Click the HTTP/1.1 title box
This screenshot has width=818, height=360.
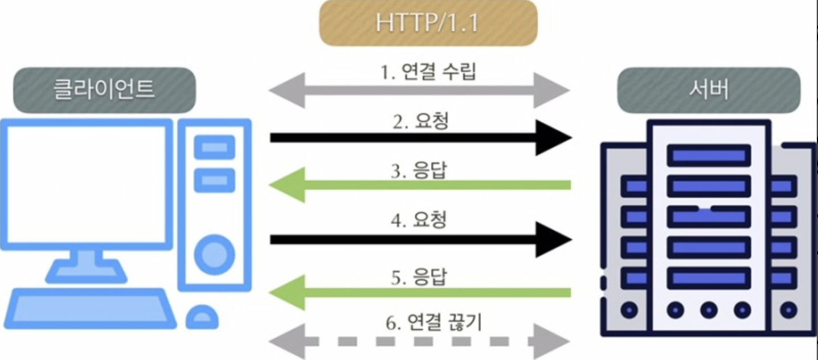point(428,23)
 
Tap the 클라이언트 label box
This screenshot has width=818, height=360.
point(104,90)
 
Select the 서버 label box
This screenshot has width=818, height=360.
point(709,90)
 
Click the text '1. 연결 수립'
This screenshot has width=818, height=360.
point(427,73)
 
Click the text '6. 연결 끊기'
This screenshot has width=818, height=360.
point(433,323)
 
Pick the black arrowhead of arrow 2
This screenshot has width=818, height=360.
point(553,137)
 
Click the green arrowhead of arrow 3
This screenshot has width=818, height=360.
point(288,185)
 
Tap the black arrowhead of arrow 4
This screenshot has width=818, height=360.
point(553,239)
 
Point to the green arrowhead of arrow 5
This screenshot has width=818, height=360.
point(288,292)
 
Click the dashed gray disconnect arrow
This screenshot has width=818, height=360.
point(419,342)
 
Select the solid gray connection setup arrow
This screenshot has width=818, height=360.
point(419,90)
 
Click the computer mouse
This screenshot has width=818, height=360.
point(202,316)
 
